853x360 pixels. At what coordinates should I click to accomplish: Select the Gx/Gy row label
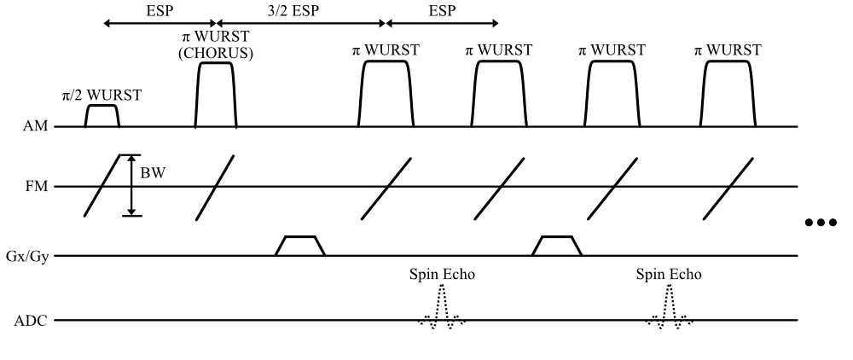click(32, 255)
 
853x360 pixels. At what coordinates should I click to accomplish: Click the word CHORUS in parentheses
click(217, 53)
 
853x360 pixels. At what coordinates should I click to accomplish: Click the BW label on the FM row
click(153, 174)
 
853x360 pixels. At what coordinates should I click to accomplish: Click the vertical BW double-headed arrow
click(131, 185)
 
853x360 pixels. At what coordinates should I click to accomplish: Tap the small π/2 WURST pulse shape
click(102, 115)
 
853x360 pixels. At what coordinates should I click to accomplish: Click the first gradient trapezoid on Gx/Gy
click(299, 246)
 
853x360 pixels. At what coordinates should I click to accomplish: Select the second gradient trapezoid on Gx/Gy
click(557, 246)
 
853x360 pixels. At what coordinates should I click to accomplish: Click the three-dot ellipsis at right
click(822, 224)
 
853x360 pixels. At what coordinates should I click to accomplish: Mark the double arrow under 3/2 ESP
click(301, 24)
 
